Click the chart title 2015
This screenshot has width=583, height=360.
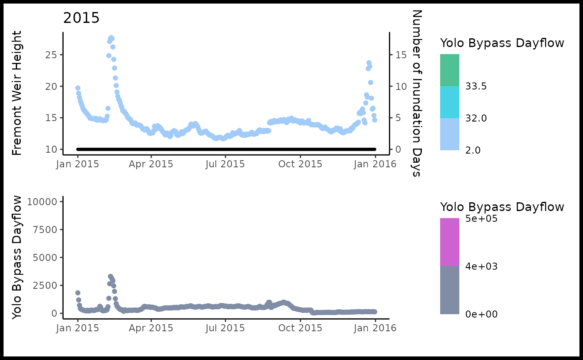click(81, 18)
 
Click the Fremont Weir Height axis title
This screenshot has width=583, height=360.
click(17, 93)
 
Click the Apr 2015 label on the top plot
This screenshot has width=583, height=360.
click(151, 164)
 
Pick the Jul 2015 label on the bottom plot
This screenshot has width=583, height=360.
click(225, 328)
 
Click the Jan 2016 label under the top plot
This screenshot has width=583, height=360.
click(375, 164)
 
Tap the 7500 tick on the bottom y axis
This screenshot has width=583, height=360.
click(44, 230)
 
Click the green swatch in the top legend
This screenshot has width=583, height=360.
click(450, 70)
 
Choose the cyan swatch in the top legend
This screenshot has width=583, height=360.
click(450, 102)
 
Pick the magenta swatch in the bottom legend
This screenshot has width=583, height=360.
click(450, 242)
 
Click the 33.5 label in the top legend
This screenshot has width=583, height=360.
click(476, 87)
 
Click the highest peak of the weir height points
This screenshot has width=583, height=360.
click(111, 38)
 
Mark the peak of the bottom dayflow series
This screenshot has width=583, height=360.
click(110, 276)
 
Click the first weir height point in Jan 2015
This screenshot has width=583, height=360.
click(78, 88)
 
